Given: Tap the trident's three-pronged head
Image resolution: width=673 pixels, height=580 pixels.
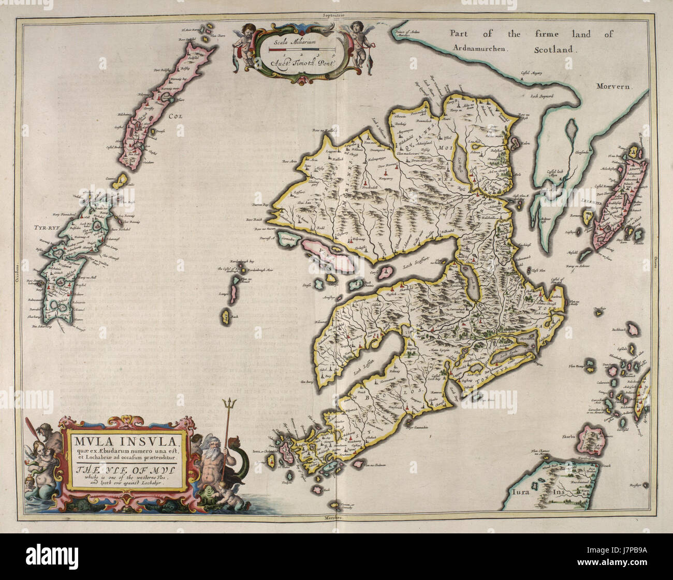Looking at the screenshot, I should pos(227,402).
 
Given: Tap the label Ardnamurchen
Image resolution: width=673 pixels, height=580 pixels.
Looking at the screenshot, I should pos(482,50).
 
